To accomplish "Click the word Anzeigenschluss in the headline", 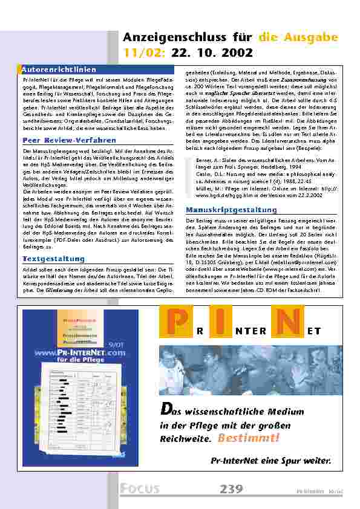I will (x=157, y=37).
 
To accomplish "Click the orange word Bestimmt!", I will (x=249, y=437).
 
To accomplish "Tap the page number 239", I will (x=232, y=488).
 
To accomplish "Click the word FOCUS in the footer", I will (x=140, y=489).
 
